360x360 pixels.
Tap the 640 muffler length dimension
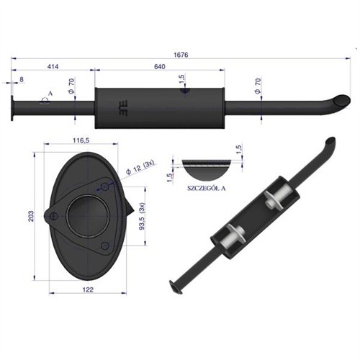tap(159, 66)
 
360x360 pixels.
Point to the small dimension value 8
tap(22, 80)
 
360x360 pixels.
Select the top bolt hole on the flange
tap(105, 188)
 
